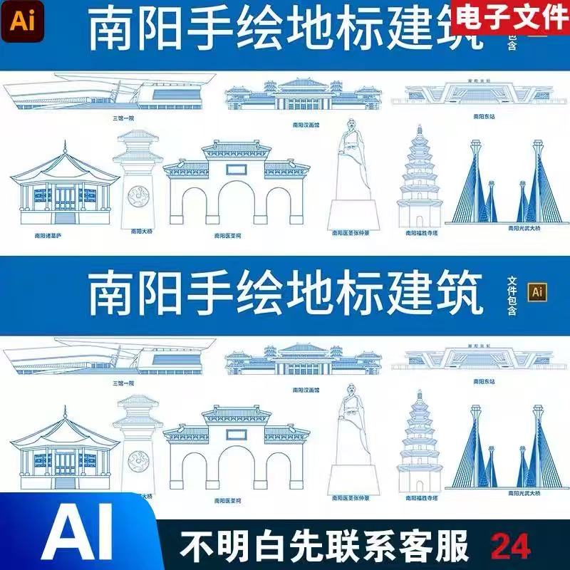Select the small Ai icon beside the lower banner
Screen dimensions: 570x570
pos(537,291)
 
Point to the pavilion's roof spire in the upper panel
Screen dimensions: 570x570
pos(65,147)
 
